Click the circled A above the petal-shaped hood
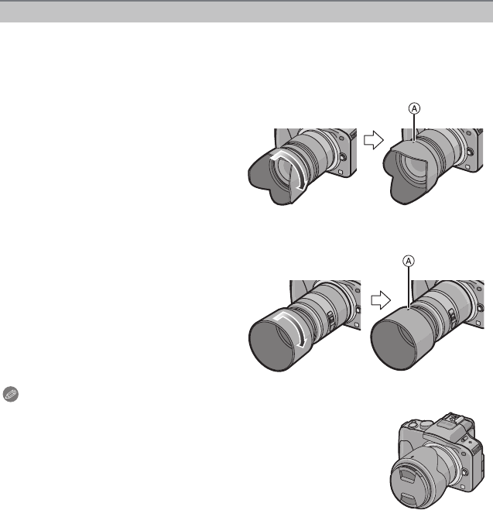coord(414,108)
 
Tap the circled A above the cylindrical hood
coord(409,261)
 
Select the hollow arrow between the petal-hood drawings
coord(374,140)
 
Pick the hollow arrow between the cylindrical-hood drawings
coord(381,299)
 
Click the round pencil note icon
coord(10,394)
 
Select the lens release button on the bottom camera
coord(465,471)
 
